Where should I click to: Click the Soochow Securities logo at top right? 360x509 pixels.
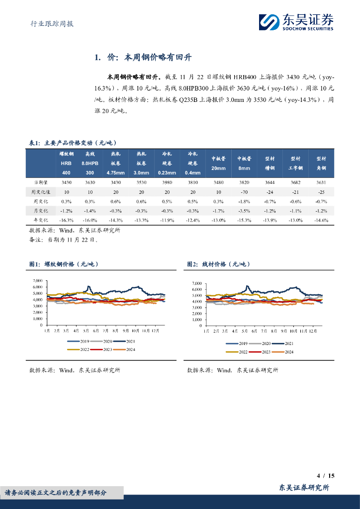[x=296, y=22]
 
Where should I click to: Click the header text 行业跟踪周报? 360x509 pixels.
[x=49, y=23]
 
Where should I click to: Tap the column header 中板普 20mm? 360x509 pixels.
[x=218, y=163]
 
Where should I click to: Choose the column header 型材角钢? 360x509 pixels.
[x=321, y=163]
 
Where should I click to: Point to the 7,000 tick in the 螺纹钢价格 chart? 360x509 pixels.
[x=37, y=281]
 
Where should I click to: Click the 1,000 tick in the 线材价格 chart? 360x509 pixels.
[x=196, y=320]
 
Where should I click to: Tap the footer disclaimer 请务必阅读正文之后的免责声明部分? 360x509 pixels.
[x=56, y=493]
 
